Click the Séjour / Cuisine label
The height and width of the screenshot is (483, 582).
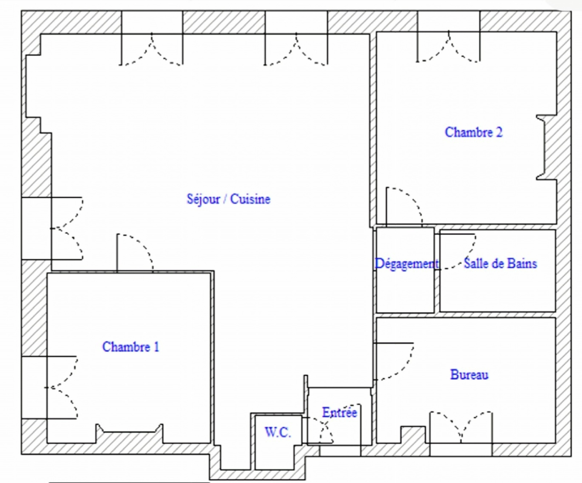[228, 199]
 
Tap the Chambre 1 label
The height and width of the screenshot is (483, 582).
[131, 347]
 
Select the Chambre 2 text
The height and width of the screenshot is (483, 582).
[474, 132]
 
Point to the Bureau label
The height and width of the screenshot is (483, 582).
[469, 374]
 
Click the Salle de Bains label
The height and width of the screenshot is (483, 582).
[501, 263]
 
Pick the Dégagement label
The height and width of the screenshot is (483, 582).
[407, 264]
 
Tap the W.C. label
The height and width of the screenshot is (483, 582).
[278, 432]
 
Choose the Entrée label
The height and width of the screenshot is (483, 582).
[339, 412]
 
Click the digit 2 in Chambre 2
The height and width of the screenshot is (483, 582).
[499, 132]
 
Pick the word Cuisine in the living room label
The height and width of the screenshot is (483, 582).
[250, 199]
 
